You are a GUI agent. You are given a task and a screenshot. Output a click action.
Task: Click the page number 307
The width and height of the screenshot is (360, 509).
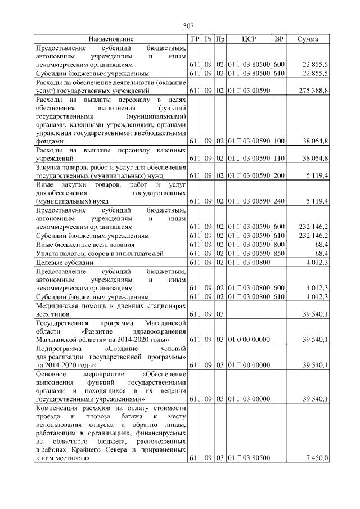(x=188, y=25)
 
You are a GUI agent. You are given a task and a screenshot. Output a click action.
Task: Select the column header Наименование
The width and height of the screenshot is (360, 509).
(x=111, y=39)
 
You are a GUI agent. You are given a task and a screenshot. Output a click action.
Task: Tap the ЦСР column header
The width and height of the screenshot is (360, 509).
(x=249, y=39)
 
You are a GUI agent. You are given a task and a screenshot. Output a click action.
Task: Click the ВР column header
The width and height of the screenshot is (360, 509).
(x=278, y=39)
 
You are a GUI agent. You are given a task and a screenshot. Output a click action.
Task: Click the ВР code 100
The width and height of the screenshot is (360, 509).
(x=278, y=142)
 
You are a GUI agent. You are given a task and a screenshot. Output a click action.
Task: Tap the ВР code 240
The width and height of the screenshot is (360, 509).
(x=278, y=201)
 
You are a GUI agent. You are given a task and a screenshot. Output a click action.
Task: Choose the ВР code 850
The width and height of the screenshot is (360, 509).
(x=278, y=253)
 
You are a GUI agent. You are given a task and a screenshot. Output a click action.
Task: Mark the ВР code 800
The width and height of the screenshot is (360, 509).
(x=278, y=245)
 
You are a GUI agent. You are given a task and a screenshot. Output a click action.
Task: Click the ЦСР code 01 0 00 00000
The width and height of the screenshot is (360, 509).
(x=249, y=340)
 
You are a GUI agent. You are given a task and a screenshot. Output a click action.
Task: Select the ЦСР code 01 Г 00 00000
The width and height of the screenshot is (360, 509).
(x=249, y=366)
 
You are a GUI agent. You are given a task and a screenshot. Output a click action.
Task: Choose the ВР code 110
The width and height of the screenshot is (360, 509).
(x=278, y=160)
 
